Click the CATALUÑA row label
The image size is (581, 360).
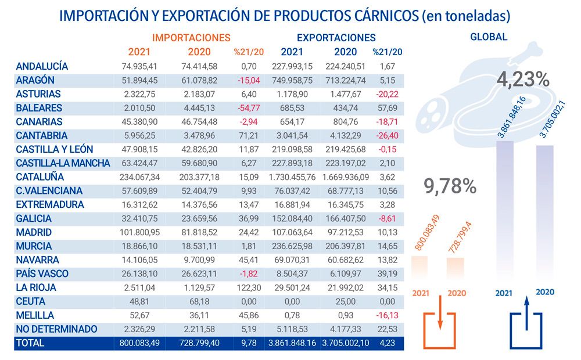(40, 177)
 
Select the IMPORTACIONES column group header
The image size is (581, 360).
(195, 38)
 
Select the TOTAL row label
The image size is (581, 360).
(30, 343)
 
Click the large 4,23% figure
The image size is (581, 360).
(523, 79)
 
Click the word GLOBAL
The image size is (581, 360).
(489, 37)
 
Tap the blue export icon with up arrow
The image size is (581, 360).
(525, 328)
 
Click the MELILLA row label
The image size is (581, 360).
(35, 315)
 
